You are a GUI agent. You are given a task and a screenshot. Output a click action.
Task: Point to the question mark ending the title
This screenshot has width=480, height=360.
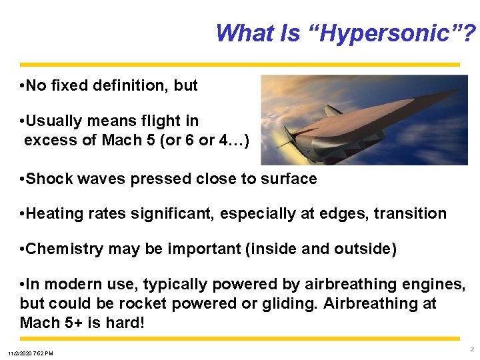471,33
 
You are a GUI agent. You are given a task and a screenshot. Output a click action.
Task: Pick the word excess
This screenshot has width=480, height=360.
47,140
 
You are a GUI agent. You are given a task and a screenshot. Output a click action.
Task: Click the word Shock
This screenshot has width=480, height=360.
47,179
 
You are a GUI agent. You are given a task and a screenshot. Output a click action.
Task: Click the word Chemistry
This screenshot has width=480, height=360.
65,249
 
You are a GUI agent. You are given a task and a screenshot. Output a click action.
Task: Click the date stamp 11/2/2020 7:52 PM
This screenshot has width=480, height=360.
31,353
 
